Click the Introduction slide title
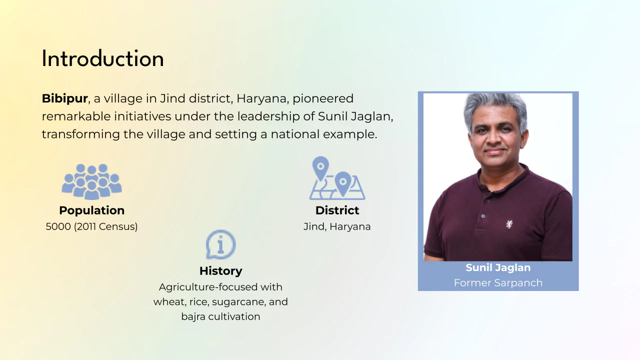coord(103,58)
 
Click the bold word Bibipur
coord(64,98)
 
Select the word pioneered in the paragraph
coord(323,99)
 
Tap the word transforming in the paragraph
coord(81,134)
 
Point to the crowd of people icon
coord(91,181)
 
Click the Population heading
coord(91,210)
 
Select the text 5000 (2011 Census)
coord(91,226)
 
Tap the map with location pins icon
coord(337,178)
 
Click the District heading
coord(337,210)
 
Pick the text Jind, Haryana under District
coord(337,226)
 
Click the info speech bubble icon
coord(221,244)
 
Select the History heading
coord(221,271)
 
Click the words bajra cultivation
coord(221,316)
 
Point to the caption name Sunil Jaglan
coord(498,267)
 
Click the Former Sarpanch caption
coord(498,283)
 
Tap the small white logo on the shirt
coord(509,224)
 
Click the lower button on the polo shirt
coord(483,216)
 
